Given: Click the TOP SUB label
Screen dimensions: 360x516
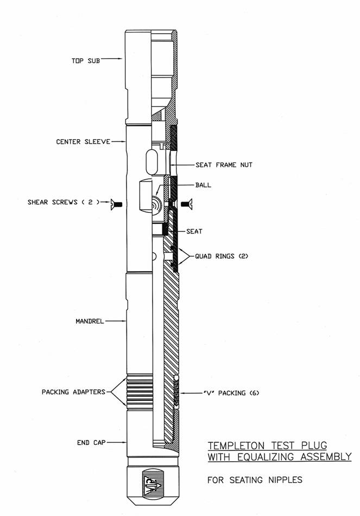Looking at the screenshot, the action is [x=86, y=61].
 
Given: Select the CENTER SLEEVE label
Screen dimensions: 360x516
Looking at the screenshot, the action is [x=83, y=142].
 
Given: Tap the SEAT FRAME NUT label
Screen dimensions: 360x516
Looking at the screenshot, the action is [x=224, y=165].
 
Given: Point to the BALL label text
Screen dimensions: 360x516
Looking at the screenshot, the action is [x=203, y=185].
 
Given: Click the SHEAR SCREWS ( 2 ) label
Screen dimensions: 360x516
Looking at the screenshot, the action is [x=64, y=202].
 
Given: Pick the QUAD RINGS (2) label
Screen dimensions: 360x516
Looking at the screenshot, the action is [x=222, y=256].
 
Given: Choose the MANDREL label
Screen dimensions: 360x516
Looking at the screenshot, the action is [x=90, y=321].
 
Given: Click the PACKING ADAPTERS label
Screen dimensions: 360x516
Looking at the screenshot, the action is [x=73, y=392].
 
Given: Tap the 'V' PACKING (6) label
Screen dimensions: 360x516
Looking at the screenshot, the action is [x=231, y=393].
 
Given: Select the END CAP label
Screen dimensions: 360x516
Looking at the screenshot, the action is [x=91, y=443].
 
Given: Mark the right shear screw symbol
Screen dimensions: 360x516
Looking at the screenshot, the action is [x=187, y=204].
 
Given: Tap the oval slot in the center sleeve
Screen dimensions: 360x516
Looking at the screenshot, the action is [x=152, y=162].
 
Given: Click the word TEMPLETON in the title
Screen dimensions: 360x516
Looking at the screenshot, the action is [x=236, y=445].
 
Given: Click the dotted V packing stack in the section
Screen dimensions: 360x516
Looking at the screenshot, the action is [x=176, y=392].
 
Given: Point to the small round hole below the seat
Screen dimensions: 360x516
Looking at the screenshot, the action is [x=154, y=256].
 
